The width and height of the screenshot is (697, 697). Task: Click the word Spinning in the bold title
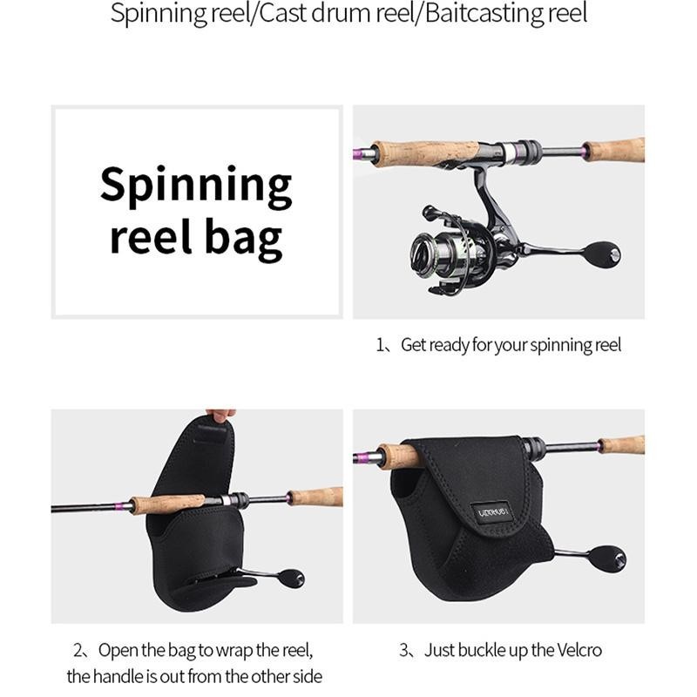pos(196,186)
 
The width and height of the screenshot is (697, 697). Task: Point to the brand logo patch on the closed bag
pos(493,512)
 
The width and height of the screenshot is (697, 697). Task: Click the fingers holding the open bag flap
pos(221,416)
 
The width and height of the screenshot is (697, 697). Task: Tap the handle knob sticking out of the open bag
pos(291,578)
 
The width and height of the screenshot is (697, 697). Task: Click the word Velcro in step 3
pos(579,650)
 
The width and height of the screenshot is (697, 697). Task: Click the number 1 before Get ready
pos(380,345)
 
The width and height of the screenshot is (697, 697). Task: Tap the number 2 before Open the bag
pos(78,651)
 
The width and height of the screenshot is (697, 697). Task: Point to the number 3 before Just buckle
pos(404,651)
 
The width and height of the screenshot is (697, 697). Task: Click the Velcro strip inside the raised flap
pos(210,433)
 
